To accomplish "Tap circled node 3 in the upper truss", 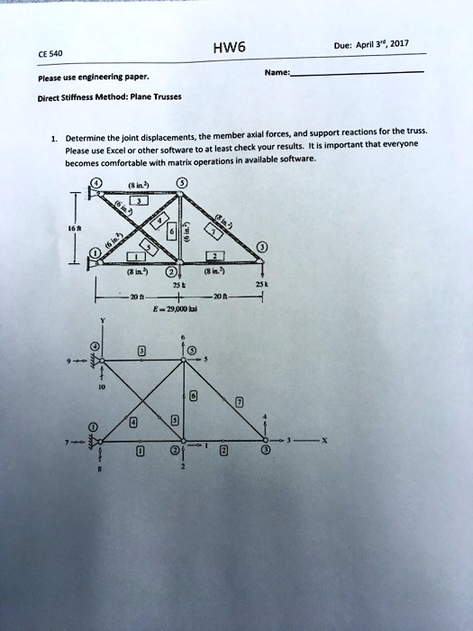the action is (261, 247).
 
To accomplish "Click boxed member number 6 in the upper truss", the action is (170, 233).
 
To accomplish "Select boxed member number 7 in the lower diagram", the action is (238, 404).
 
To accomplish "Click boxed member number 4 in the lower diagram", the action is (134, 421).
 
